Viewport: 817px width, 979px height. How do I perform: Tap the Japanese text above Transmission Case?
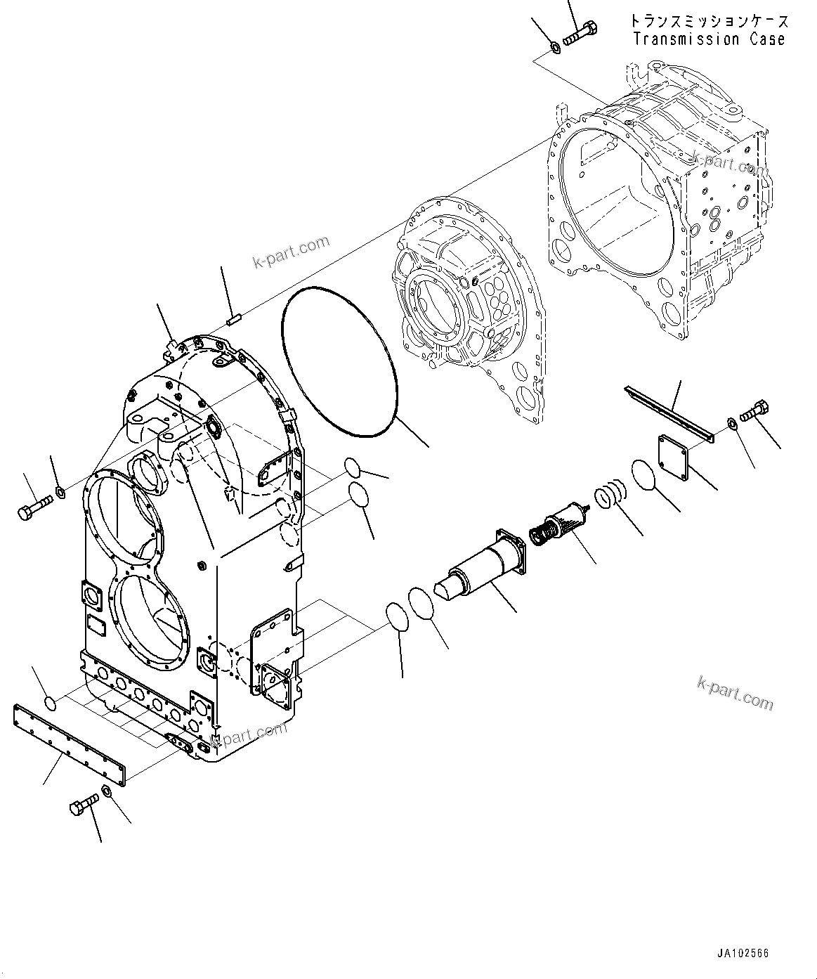pyautogui.click(x=709, y=22)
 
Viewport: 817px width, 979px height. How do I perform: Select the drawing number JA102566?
pyautogui.click(x=743, y=954)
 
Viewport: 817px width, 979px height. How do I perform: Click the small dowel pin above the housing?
pyautogui.click(x=235, y=320)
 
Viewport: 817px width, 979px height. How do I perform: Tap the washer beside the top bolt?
pyautogui.click(x=554, y=47)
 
